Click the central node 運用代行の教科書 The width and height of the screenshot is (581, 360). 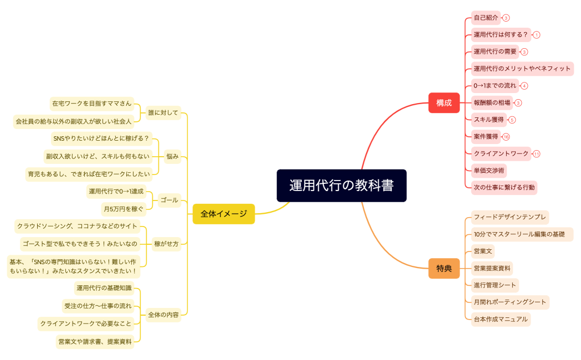tap(341, 186)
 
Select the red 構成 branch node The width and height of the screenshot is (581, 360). tap(444, 102)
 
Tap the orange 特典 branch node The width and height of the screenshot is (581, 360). tap(444, 268)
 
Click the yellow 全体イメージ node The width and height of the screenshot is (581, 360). tap(223, 214)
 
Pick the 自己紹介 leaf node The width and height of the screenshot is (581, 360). tap(486, 18)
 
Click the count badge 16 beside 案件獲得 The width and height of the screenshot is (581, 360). tap(506, 137)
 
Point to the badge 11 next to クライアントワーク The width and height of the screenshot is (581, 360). tap(536, 154)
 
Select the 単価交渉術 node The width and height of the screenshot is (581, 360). tap(489, 171)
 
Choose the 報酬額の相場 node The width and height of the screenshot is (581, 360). tap(492, 102)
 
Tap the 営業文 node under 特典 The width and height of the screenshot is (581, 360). tap(483, 251)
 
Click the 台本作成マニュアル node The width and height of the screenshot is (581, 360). tap(501, 319)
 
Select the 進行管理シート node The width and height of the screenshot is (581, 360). tap(495, 285)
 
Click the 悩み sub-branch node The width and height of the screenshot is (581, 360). tap(172, 156)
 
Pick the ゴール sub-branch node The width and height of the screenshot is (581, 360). tap(169, 200)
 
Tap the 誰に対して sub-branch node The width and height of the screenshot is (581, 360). tap(163, 112)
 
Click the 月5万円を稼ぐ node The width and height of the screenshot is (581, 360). tap(124, 209)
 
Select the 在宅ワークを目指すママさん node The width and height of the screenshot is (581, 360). tap(92, 104)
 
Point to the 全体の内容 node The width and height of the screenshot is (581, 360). tap(163, 315)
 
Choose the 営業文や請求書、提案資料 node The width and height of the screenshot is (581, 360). tap(95, 342)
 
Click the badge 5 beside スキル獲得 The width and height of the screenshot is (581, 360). tap(512, 120)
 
